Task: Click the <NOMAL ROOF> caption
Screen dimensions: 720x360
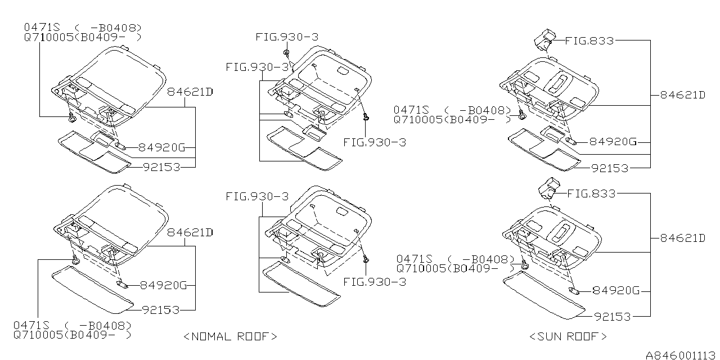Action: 230,336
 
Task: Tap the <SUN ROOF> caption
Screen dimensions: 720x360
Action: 568,336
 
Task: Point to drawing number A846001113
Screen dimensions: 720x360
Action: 680,355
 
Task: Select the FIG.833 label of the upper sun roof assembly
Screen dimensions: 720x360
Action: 589,41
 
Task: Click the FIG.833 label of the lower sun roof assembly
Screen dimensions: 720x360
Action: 591,193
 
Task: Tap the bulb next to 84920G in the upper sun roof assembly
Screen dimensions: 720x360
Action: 571,141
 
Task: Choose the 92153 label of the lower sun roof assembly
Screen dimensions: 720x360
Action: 613,317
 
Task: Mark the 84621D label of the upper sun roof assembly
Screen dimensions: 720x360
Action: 683,95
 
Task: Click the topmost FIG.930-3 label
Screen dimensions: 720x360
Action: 287,37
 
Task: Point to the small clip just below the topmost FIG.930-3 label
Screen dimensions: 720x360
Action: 286,52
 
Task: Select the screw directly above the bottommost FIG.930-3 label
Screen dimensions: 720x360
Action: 366,259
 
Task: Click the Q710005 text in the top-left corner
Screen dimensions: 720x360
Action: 49,37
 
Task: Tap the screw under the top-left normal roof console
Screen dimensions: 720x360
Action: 73,118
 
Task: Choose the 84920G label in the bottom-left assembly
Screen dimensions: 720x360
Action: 163,285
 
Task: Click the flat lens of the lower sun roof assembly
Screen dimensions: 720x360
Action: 544,295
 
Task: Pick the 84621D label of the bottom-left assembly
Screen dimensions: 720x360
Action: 190,232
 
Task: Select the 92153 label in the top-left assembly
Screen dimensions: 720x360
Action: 161,167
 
